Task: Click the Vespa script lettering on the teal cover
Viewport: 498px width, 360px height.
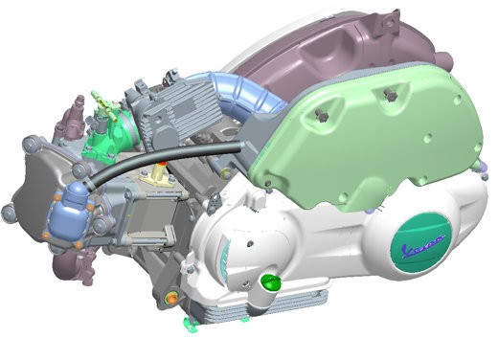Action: point(423,246)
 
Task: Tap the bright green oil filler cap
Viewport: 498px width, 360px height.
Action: point(271,282)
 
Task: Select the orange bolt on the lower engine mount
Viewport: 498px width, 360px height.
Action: point(172,299)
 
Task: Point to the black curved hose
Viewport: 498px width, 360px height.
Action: point(163,161)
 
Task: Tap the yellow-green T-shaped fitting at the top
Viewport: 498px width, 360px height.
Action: point(102,101)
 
